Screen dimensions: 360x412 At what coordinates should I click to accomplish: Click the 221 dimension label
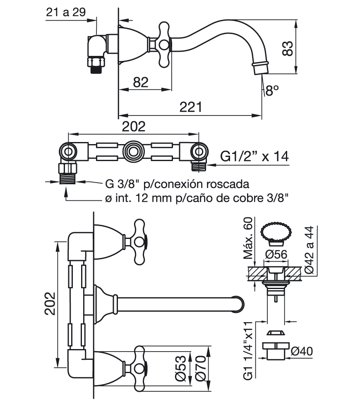pyautogui.click(x=191, y=107)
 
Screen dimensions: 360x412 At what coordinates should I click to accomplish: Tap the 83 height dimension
pyautogui.click(x=288, y=48)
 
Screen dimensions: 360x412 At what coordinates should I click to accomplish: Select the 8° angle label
pyautogui.click(x=272, y=90)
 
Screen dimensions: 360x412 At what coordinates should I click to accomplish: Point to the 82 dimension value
pyautogui.click(x=140, y=82)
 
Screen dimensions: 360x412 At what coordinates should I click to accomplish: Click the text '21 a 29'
pyautogui.click(x=66, y=12)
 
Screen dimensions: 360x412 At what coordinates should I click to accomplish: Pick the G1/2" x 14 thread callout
pyautogui.click(x=254, y=157)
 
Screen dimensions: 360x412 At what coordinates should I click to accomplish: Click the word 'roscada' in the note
pyautogui.click(x=228, y=184)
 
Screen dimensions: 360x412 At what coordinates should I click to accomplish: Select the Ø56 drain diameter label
pyautogui.click(x=276, y=254)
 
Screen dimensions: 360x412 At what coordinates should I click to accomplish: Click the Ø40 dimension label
pyautogui.click(x=302, y=351)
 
